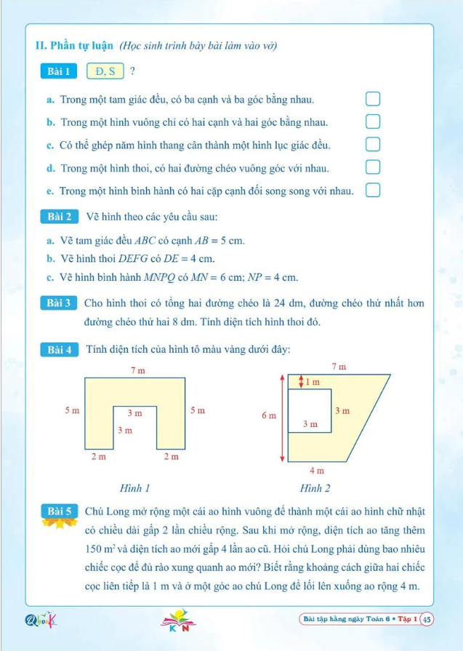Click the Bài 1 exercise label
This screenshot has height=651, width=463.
[x=57, y=71]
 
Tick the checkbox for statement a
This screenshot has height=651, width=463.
[x=373, y=98]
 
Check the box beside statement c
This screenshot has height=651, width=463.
[x=373, y=144]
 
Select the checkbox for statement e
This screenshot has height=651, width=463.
[x=373, y=191]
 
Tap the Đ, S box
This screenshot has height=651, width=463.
[x=105, y=71]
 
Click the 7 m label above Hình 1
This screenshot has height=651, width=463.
[x=137, y=370]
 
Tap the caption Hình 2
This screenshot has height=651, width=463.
[x=315, y=487]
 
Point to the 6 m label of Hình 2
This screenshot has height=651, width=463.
[x=269, y=415]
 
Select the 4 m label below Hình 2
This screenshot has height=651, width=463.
[x=317, y=471]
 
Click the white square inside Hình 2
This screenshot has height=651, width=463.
[x=310, y=411]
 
